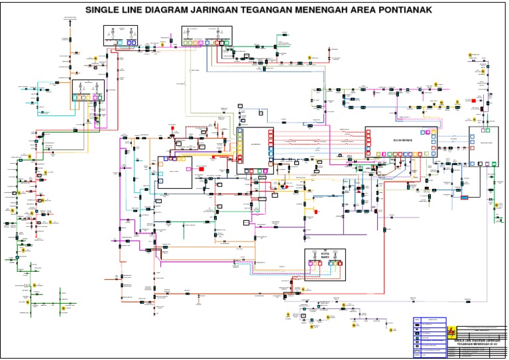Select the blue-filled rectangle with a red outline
[465, 197]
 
